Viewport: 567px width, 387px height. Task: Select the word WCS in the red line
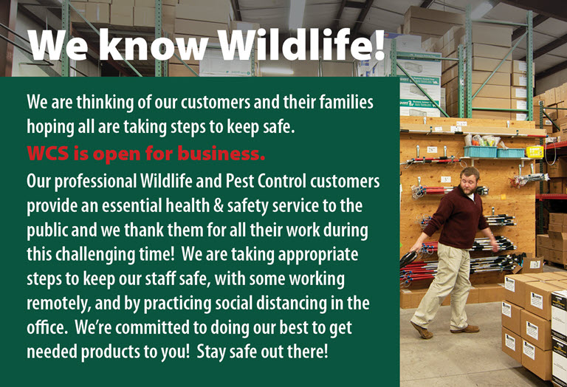(x=49, y=154)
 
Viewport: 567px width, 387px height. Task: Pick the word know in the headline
(x=149, y=46)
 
